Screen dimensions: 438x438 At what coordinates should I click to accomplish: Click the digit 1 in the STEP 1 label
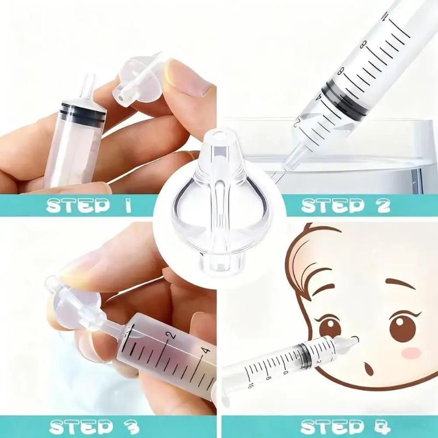coord(128,205)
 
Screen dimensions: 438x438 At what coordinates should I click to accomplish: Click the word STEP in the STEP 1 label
coord(77,206)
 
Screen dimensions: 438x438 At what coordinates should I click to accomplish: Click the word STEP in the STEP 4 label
coord(331,427)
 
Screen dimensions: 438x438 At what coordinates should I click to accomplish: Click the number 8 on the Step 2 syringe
coord(363,45)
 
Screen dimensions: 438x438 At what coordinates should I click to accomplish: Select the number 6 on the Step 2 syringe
coord(341,72)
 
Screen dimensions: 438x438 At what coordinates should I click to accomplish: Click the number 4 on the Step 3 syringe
coord(206,350)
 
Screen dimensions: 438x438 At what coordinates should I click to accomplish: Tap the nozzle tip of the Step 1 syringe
coord(89,77)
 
